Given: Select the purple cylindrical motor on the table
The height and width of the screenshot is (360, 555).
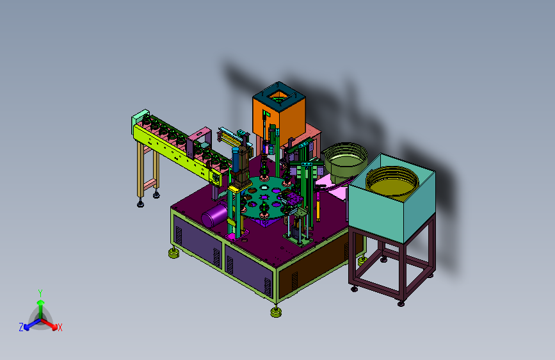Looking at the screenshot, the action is point(214,214).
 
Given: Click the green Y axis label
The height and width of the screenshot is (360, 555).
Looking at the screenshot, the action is point(40,293).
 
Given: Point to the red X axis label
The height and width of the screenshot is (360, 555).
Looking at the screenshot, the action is point(60,328).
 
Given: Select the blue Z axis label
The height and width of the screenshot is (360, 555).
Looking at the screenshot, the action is point(21,327).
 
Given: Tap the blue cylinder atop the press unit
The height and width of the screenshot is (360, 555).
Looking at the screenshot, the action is point(236,159).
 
